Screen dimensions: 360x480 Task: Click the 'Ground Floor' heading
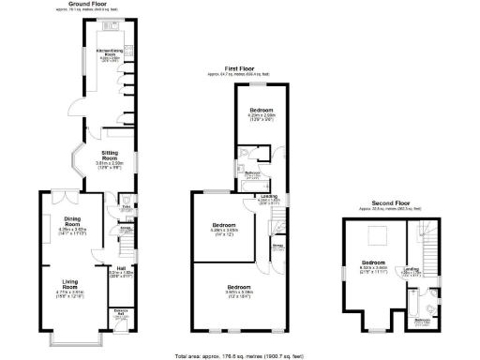point(97,4)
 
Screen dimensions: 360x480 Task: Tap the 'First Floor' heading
point(239,68)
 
